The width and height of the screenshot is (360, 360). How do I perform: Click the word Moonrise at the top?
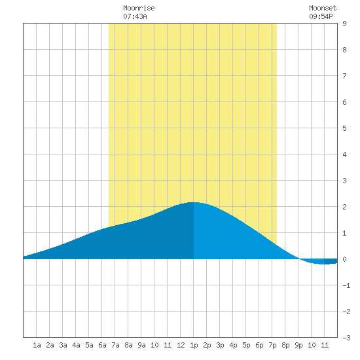(139, 8)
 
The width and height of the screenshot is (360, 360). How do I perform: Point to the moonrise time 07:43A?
(135, 16)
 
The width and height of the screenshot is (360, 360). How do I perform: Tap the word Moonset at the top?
(323, 8)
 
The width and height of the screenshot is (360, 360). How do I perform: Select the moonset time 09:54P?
(321, 16)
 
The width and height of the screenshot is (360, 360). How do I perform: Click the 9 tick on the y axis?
(344, 24)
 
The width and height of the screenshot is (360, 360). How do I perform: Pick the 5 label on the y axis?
(344, 128)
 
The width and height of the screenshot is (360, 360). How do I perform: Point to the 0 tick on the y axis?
(344, 259)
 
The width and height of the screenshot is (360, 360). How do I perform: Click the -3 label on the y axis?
(346, 338)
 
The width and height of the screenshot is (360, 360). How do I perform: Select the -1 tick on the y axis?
(346, 285)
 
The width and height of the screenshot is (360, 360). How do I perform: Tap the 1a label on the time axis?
(37, 345)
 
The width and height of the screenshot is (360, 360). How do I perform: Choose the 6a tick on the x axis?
(102, 345)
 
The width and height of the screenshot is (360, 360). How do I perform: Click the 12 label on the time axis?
(181, 345)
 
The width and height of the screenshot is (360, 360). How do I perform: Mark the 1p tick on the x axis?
(194, 345)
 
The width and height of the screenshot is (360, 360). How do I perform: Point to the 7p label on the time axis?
(272, 345)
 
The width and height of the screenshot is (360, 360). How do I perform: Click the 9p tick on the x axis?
(298, 345)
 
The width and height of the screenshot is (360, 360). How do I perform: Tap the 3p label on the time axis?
(220, 345)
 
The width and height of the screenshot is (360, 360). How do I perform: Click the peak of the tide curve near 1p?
(194, 202)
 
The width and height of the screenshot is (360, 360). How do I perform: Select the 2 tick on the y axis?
(344, 207)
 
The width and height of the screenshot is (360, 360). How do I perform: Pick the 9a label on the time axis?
(141, 345)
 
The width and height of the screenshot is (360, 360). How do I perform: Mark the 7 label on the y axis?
(344, 76)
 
